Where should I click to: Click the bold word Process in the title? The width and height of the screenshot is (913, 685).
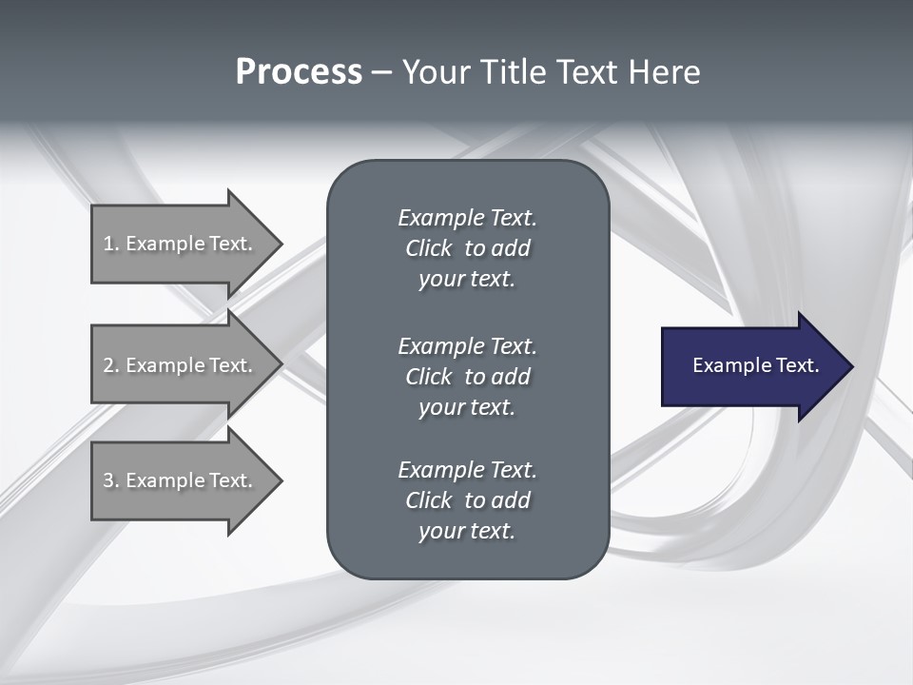pos(299,72)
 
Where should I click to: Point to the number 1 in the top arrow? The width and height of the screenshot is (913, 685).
pos(108,244)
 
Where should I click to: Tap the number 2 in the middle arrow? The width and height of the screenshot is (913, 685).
pos(108,365)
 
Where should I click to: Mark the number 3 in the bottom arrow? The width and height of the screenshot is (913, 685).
pos(108,480)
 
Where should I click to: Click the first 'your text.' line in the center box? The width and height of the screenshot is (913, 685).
pos(467,280)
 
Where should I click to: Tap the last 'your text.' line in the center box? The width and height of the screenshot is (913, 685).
pos(467,531)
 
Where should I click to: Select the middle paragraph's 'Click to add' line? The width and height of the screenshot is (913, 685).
pos(467,377)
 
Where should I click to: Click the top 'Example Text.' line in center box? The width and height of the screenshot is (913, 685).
pos(467,218)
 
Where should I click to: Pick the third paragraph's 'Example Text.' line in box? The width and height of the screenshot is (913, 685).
pos(467,470)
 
